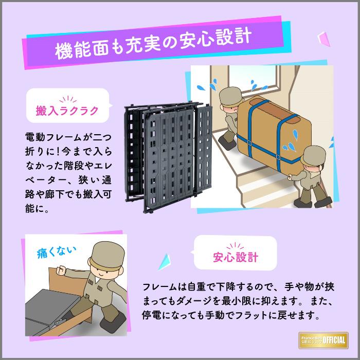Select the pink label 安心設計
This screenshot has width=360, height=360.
[236, 257]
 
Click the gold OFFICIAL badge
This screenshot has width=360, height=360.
[325, 339]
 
